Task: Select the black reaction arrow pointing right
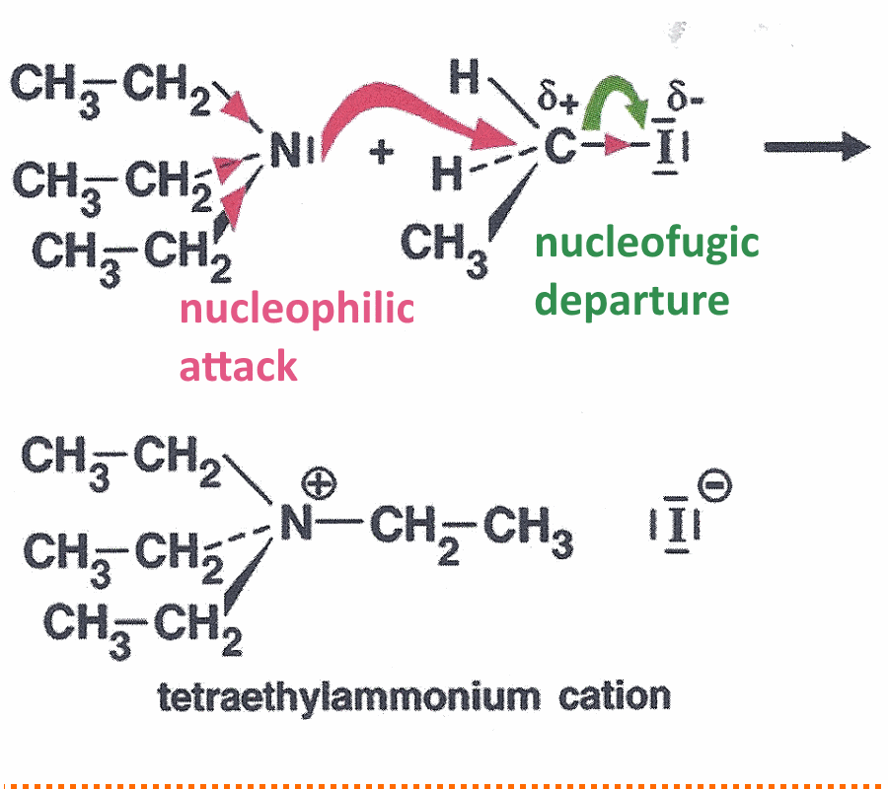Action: tap(817, 147)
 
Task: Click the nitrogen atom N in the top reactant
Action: tap(284, 150)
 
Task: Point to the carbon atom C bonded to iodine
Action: tap(559, 146)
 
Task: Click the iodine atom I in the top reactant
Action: tap(665, 147)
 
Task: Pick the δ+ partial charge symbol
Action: tap(557, 97)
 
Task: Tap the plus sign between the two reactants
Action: tap(382, 152)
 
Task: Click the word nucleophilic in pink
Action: tap(297, 309)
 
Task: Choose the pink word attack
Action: tap(239, 366)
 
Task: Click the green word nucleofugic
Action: tap(646, 244)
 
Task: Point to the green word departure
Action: tap(632, 301)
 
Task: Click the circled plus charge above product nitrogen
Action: tap(319, 484)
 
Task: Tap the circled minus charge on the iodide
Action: tap(714, 485)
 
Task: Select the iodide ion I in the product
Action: tap(676, 525)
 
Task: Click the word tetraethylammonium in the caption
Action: tap(349, 697)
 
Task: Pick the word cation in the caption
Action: tap(615, 695)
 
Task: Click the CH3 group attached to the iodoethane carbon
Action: tap(444, 250)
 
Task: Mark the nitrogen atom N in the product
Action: tap(297, 522)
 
